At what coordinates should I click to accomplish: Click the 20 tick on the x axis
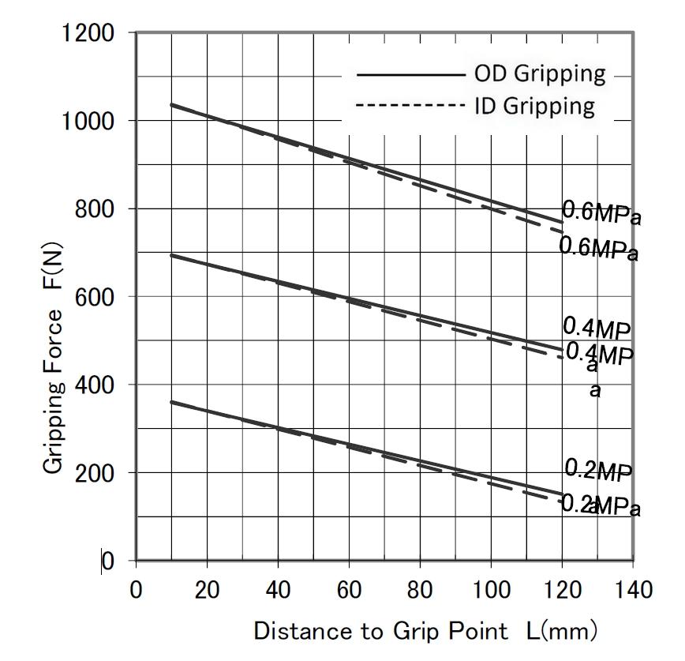click(207, 589)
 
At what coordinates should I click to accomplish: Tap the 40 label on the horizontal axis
click(278, 589)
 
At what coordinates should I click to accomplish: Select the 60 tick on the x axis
click(349, 589)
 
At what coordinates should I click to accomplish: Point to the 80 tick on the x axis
click(420, 589)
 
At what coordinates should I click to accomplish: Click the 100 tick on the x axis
click(490, 589)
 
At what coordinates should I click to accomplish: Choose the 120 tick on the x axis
click(561, 589)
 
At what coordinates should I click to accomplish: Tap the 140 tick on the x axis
click(632, 589)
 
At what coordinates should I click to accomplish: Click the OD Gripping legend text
click(540, 74)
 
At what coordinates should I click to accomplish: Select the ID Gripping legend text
click(534, 105)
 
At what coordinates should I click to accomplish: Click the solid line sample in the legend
click(410, 75)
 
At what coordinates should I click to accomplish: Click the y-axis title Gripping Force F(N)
click(53, 392)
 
